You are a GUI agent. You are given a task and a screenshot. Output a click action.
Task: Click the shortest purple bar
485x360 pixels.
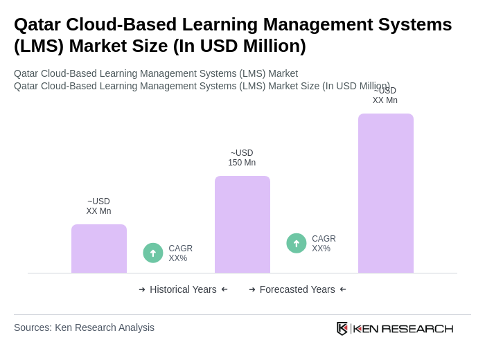point(99,249)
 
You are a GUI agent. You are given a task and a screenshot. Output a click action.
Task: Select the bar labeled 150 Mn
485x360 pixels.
point(242,224)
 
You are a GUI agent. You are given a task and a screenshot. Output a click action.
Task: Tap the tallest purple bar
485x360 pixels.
point(386,193)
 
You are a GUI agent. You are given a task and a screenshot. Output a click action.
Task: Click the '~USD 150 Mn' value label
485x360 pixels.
point(242,158)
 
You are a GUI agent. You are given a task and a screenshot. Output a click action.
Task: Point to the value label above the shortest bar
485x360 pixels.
point(98,206)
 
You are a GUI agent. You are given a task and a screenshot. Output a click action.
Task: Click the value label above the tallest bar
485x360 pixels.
point(385,96)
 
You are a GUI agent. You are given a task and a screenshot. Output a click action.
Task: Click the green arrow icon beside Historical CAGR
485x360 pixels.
point(153,253)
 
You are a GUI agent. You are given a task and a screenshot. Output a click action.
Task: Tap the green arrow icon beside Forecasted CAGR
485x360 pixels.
point(297,243)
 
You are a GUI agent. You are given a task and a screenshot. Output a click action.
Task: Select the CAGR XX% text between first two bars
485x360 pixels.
point(181,253)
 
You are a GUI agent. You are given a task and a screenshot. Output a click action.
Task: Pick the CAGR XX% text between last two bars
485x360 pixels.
point(324,244)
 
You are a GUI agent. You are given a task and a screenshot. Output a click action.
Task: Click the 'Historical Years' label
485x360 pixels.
point(183,289)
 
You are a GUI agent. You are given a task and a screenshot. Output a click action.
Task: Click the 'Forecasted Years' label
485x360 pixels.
point(297,289)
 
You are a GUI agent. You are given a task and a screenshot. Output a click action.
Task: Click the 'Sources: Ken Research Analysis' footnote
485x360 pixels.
point(84,327)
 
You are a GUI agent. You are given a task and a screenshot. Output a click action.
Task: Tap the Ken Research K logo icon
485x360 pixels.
point(342,328)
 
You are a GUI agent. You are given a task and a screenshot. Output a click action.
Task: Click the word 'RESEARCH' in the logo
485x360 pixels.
point(417,328)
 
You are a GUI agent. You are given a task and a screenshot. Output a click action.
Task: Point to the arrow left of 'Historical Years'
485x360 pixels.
point(142,289)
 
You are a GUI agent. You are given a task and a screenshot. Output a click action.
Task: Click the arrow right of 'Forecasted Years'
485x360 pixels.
point(343,289)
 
